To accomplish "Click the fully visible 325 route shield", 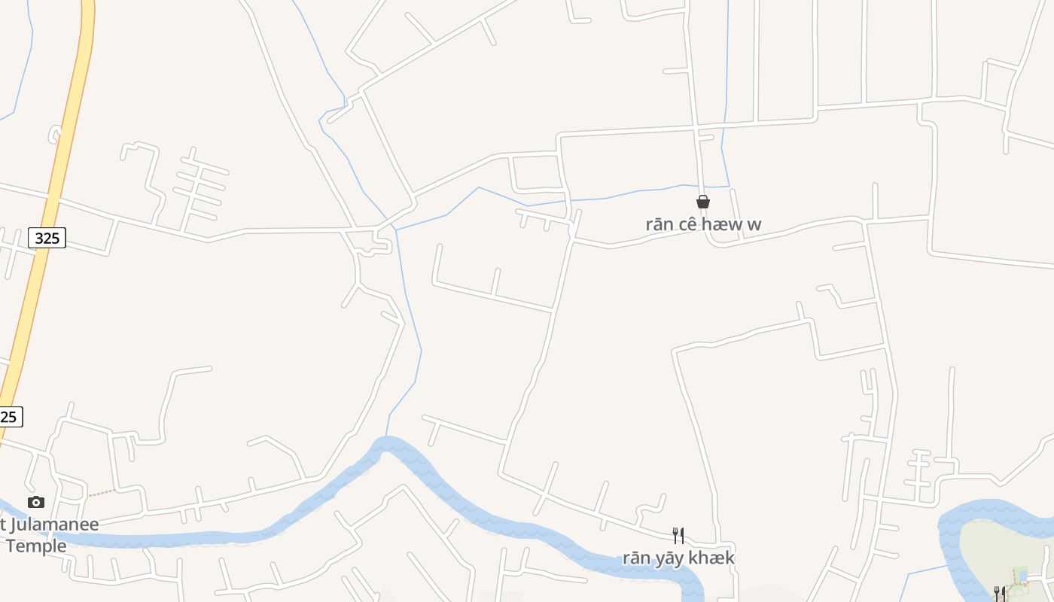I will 47,238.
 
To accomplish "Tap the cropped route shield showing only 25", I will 10,416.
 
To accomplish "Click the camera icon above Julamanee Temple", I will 36,502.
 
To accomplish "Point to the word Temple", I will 36,546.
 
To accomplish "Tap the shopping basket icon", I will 703,202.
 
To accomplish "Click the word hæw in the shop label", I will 723,224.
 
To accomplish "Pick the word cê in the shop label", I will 689,224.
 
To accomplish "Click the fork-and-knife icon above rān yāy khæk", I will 678,535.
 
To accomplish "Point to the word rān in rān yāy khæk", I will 636,558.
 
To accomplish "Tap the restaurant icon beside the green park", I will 1000,593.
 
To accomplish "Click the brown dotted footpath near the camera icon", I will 102,494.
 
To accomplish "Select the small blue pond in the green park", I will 1022,576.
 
